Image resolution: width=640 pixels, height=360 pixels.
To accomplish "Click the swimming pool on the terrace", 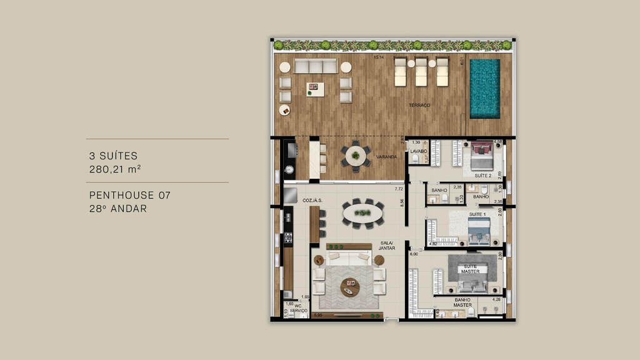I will (x=484, y=88).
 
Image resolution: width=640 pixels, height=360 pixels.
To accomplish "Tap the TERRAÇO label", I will (x=419, y=106).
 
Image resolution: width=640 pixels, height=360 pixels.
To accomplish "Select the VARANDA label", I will (x=386, y=157).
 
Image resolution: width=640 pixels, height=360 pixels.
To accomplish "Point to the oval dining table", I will (x=363, y=212).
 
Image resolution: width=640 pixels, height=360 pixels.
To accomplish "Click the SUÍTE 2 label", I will (x=483, y=176).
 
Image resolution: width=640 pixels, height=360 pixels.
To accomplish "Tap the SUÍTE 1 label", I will (x=477, y=214).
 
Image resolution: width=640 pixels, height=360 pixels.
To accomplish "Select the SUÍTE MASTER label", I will (x=471, y=269).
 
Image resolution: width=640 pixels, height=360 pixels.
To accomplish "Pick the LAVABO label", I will (x=418, y=151).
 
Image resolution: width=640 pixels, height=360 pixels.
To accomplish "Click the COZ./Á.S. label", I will (x=311, y=200).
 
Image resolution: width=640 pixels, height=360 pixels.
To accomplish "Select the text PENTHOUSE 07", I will (x=129, y=196).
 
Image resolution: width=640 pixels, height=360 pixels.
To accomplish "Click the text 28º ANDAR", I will (x=118, y=209).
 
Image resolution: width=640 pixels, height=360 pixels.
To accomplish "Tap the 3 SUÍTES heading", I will (x=113, y=156).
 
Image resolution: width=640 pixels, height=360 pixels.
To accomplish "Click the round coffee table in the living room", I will (x=350, y=286).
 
